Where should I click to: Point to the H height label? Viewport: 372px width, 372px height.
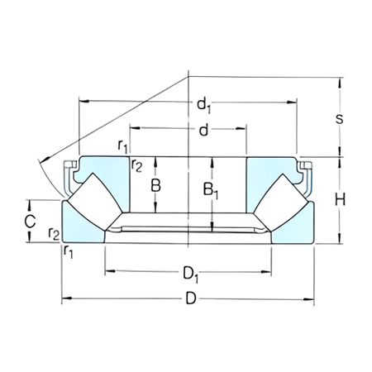point(339,198)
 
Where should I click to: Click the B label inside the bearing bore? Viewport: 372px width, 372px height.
point(155,186)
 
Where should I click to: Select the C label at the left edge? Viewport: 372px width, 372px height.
point(29,221)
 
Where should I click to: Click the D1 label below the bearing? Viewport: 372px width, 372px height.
point(189,271)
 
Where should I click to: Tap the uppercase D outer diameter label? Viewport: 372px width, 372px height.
point(189,300)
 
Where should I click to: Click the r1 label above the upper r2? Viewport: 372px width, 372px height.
point(123,147)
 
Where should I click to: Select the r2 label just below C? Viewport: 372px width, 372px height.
point(53,234)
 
